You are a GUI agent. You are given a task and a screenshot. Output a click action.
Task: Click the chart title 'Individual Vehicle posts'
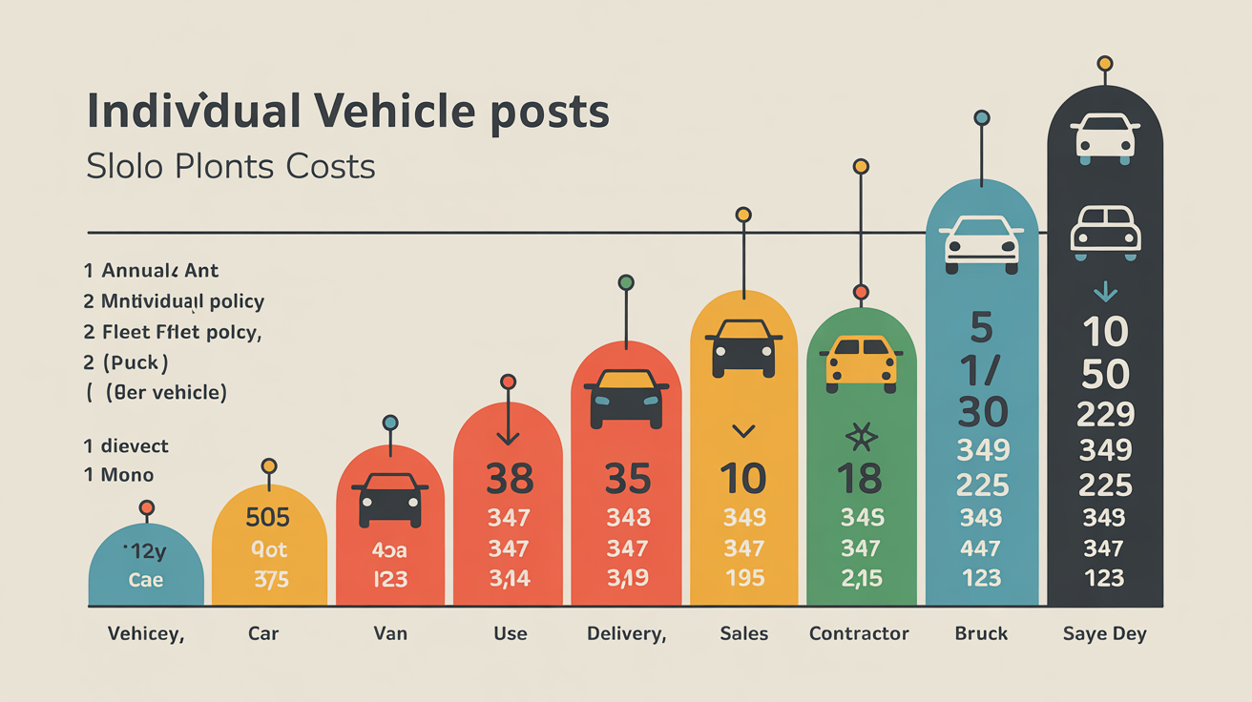tap(347, 112)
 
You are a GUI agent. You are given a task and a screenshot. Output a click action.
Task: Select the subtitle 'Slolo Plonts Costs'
tap(230, 167)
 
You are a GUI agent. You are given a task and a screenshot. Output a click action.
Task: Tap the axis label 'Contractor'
tap(859, 633)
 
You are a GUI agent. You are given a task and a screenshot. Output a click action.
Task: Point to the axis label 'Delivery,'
tap(625, 633)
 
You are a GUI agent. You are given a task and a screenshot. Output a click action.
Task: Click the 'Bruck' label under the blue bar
tap(981, 633)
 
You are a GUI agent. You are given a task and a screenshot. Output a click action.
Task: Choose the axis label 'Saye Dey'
tap(1104, 633)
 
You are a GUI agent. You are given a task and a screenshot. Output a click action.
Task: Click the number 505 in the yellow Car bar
tap(267, 516)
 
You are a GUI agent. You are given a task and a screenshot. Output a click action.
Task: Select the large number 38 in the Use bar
tap(509, 479)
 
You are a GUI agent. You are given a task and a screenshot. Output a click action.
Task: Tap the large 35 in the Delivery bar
tap(626, 479)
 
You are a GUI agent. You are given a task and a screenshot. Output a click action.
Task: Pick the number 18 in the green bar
tap(860, 479)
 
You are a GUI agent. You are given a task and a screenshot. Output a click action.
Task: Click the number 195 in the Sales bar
tap(743, 578)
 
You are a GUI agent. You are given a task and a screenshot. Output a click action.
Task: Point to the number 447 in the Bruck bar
tap(981, 548)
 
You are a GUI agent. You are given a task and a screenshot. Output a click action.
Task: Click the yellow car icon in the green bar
tap(861, 362)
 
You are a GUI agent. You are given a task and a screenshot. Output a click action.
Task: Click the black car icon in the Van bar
tap(389, 500)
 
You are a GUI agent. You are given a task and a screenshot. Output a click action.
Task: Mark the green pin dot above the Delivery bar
tap(626, 282)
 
